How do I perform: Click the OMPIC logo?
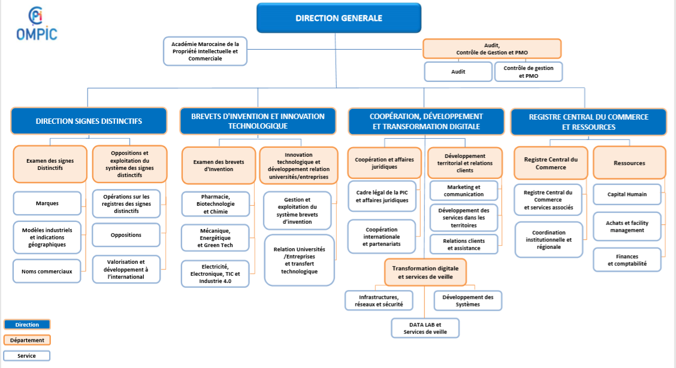[37, 24]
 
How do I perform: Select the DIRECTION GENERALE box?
[339, 18]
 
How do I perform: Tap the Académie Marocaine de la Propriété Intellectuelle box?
[205, 51]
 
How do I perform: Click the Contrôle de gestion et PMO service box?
[529, 72]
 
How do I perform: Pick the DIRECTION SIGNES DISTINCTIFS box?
[89, 121]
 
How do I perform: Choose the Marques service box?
[47, 203]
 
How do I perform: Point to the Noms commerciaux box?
[47, 271]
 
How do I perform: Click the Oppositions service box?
[126, 235]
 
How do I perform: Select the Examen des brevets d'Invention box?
[219, 166]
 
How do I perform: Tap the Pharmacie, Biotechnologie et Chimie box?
[216, 204]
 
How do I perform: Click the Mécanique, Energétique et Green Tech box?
[215, 238]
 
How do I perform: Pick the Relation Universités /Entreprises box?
[299, 260]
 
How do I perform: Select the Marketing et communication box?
[464, 191]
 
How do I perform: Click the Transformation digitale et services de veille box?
[425, 272]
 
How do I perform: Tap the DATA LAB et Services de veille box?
[425, 329]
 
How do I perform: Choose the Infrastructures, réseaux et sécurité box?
[379, 300]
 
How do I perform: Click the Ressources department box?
[629, 163]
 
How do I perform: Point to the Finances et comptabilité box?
[627, 260]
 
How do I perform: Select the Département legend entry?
[27, 340]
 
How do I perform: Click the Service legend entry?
[27, 356]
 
